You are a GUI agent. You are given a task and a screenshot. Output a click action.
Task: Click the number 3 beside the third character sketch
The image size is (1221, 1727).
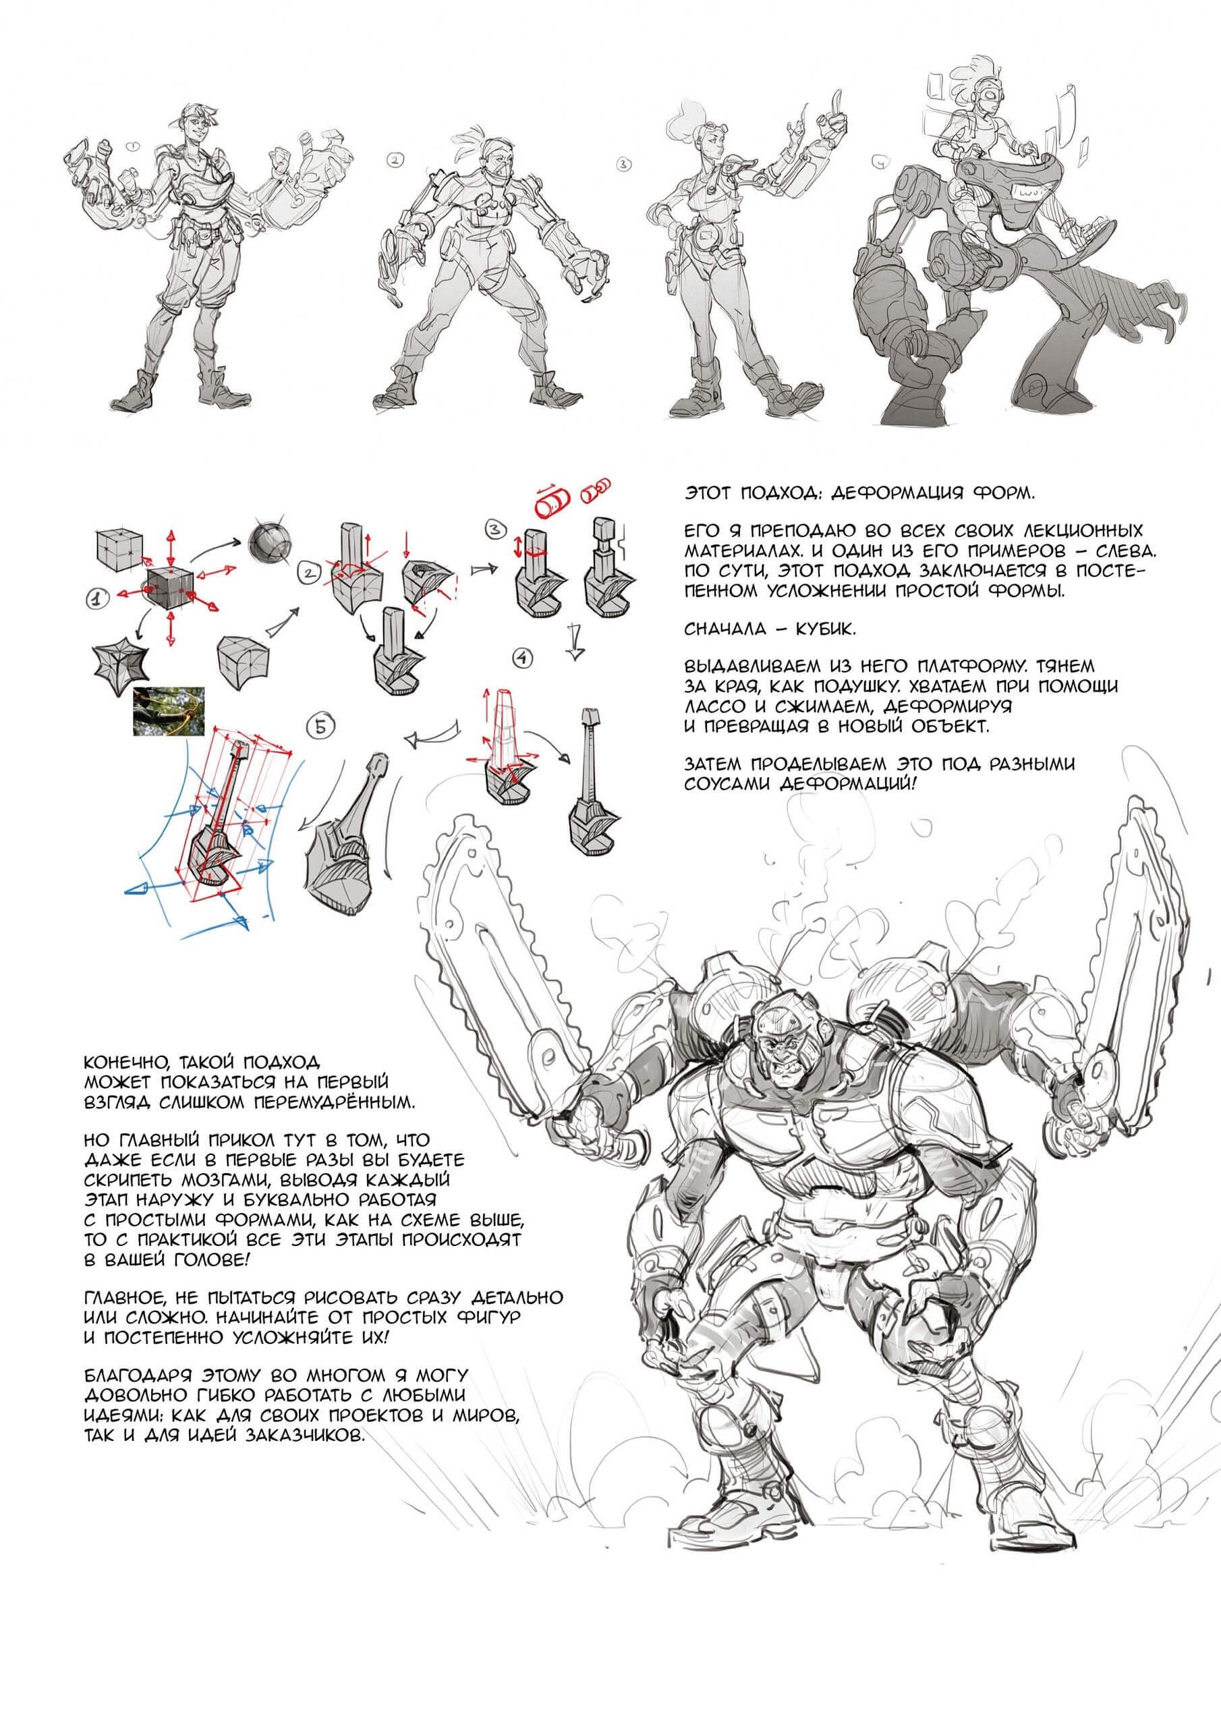click(x=622, y=163)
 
